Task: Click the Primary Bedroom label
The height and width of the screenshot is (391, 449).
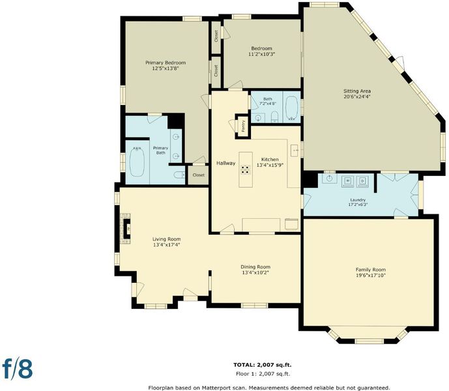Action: (166, 63)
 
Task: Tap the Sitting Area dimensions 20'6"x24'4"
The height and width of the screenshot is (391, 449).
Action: (357, 97)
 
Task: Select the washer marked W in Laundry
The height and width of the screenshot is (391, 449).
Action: (347, 181)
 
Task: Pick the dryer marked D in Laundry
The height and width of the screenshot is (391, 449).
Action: (362, 181)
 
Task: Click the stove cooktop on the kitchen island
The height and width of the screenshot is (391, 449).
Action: (245, 170)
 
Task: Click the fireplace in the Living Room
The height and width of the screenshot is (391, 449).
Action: (126, 228)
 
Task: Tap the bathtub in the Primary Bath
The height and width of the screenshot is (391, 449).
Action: (137, 162)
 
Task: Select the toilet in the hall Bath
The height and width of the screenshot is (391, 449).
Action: (274, 117)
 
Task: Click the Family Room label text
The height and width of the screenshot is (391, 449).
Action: (371, 270)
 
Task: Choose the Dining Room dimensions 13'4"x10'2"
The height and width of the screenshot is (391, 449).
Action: (255, 272)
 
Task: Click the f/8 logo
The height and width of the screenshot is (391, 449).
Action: (18, 369)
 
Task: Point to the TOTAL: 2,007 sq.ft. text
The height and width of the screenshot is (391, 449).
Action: (263, 365)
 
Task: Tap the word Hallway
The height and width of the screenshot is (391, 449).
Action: (225, 164)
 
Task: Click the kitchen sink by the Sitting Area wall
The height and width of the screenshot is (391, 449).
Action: (295, 151)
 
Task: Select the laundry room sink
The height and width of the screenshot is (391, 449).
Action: (330, 178)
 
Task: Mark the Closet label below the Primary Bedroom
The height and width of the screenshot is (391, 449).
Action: (199, 175)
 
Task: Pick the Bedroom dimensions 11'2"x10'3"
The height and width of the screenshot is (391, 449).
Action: (261, 54)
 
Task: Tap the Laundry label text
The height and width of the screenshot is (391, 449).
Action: (358, 200)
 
